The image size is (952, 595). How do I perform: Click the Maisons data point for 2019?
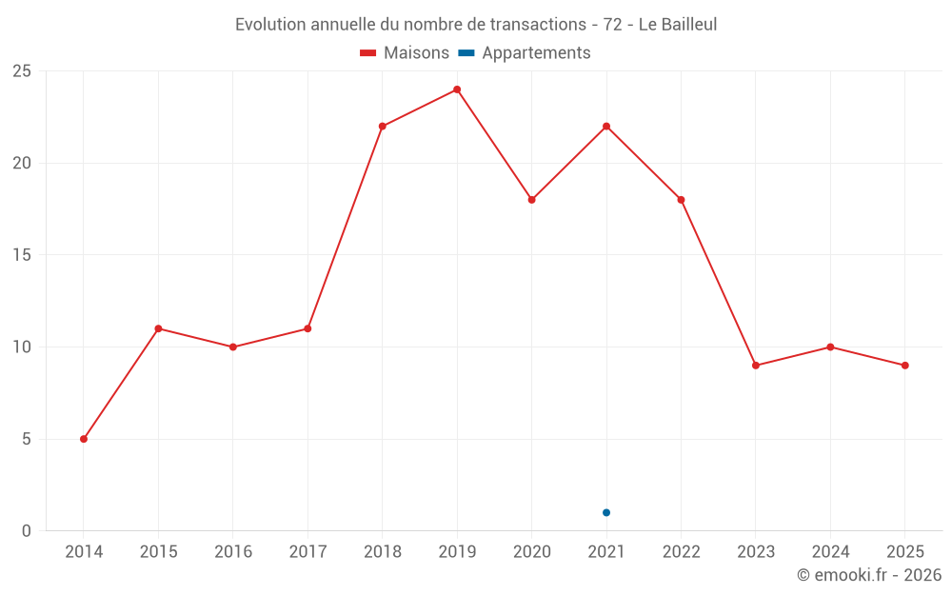tap(457, 89)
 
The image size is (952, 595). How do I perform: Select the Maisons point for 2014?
tap(84, 439)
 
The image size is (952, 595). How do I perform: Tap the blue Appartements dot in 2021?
tap(606, 513)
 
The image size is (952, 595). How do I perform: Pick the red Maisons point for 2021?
tap(606, 127)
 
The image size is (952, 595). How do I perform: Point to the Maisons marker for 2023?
tap(756, 366)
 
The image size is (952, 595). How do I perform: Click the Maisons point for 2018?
tap(383, 127)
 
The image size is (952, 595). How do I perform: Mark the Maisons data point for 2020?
tap(532, 200)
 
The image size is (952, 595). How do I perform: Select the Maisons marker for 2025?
tap(905, 366)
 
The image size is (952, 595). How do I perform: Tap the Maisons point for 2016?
tap(233, 347)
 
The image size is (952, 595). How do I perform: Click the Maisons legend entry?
tap(405, 53)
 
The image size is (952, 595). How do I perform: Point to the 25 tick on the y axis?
tap(22, 71)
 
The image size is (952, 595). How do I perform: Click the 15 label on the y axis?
tap(22, 255)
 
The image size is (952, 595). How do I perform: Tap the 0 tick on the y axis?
tap(27, 531)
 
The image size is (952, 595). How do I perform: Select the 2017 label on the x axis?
tap(307, 552)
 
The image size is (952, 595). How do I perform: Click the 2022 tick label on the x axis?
tap(681, 552)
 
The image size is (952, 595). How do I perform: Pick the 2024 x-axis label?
tap(830, 552)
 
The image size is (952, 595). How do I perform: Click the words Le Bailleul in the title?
tap(677, 25)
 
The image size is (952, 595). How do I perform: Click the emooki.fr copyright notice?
tap(868, 575)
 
